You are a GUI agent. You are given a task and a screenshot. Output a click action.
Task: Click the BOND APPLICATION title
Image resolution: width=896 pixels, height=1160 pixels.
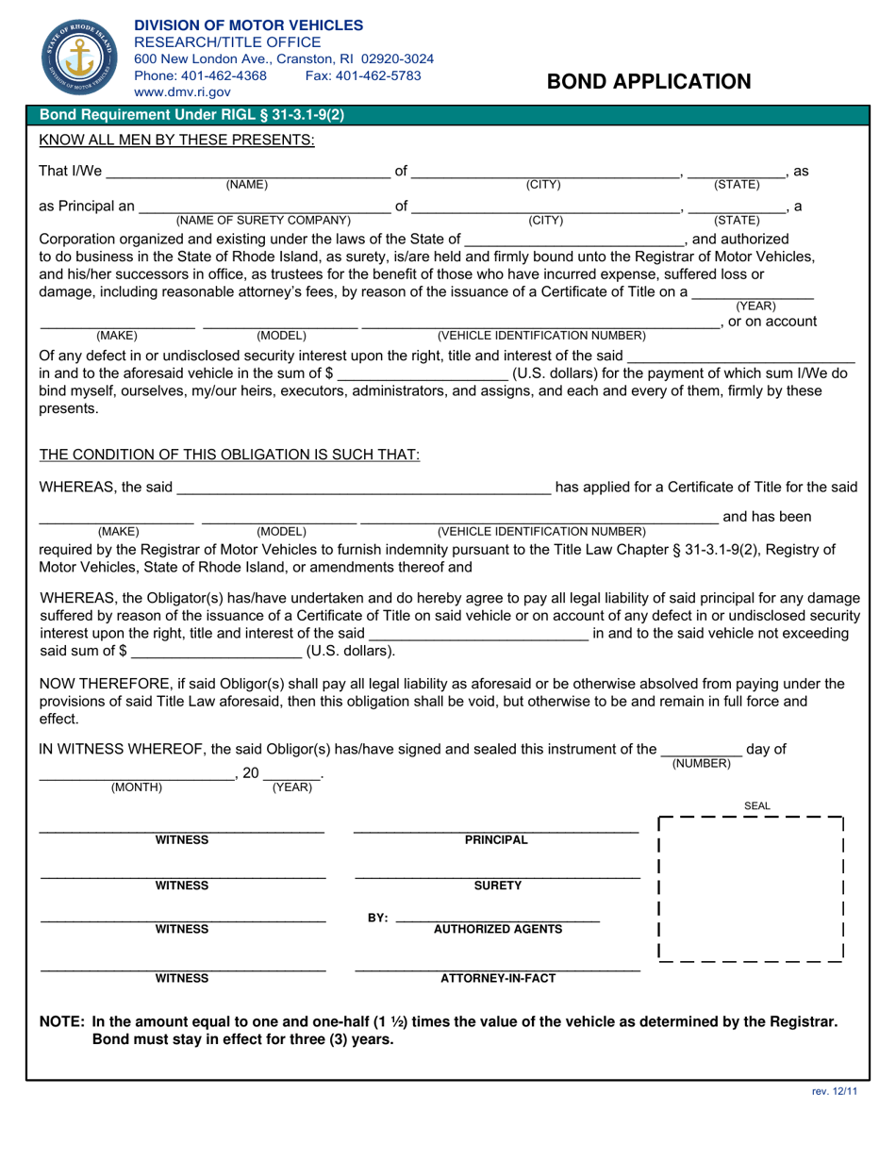coord(649,81)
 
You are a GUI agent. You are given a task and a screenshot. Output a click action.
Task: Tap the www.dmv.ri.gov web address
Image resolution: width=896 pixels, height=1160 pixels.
coord(182,92)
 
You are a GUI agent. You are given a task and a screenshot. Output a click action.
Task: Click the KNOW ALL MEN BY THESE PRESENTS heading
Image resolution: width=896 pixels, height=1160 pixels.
coord(176,141)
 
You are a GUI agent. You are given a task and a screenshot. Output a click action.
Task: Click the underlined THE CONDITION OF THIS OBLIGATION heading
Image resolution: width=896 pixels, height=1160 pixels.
coord(229,455)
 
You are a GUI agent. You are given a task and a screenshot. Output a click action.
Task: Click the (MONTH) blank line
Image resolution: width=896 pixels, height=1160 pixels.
coord(137,777)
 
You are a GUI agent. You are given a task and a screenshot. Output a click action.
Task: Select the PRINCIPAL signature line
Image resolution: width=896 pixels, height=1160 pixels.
coord(496,831)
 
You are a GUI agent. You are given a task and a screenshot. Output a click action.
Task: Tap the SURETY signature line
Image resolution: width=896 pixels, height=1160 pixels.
coord(497,876)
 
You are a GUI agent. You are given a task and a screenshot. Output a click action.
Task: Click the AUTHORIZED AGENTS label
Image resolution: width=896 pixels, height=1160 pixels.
coord(497,929)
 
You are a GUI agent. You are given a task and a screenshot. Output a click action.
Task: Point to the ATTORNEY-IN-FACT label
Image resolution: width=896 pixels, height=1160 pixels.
coord(498,978)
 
